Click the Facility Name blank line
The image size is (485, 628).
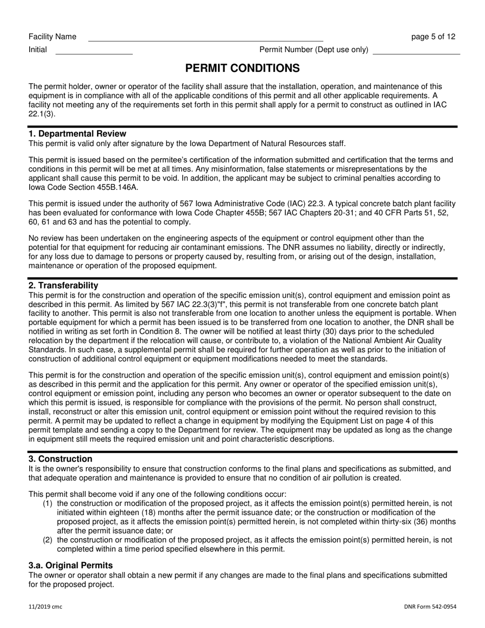[205, 38]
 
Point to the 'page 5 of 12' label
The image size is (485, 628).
[433, 37]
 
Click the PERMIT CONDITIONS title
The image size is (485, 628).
[242, 68]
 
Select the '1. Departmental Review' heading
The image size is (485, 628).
[77, 134]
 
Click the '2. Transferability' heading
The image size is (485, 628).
[63, 285]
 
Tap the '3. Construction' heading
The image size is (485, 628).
[60, 459]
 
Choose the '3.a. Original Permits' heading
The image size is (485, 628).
[70, 565]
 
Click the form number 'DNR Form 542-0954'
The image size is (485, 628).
[430, 607]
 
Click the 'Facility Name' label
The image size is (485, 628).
[53, 37]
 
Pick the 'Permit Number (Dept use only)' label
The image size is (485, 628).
[314, 50]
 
